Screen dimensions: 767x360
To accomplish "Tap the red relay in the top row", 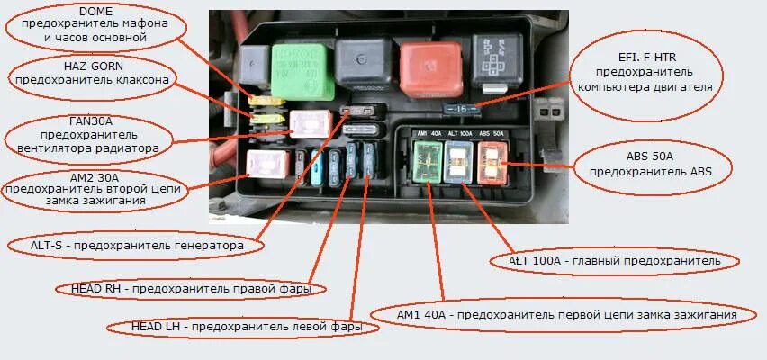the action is click(x=429, y=68).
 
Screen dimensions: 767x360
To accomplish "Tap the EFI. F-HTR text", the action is click(x=646, y=57).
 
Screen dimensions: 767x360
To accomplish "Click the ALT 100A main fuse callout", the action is click(x=615, y=261).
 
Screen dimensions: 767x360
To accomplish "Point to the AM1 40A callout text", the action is click(x=567, y=314).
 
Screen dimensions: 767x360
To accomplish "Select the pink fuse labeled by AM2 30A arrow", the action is click(x=267, y=165).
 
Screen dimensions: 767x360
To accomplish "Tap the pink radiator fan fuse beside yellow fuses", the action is click(x=311, y=123).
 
